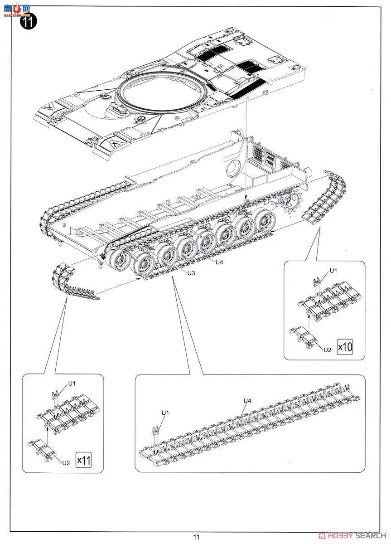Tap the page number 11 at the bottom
pos(196,537)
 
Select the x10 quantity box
pos(344,347)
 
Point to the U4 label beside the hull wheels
pos(219,262)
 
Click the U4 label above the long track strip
pos(247,400)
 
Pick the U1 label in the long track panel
pos(165,413)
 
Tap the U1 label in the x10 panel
pos(333,271)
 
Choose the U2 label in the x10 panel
pos(328,350)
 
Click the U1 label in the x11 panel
pos(72,384)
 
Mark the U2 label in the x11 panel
pos(66,462)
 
